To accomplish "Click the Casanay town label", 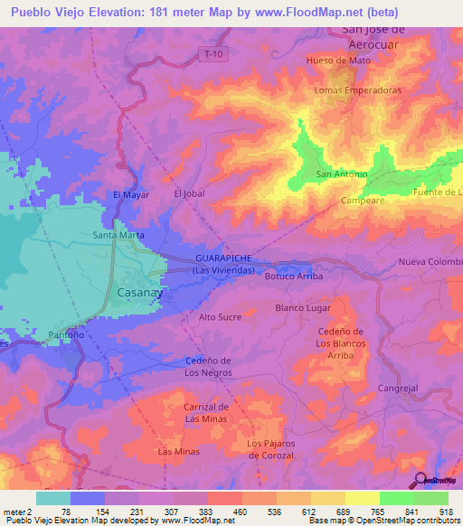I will pos(140,294).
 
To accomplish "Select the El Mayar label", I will pos(130,194).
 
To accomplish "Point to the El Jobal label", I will pos(191,193).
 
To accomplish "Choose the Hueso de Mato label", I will pos(339,61).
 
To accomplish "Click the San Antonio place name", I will pos(341,174).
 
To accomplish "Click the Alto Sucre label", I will pos(220,318).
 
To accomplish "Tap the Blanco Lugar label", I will pos(303,308).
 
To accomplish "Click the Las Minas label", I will pos(176,451).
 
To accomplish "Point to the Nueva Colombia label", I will pos(430,263).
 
